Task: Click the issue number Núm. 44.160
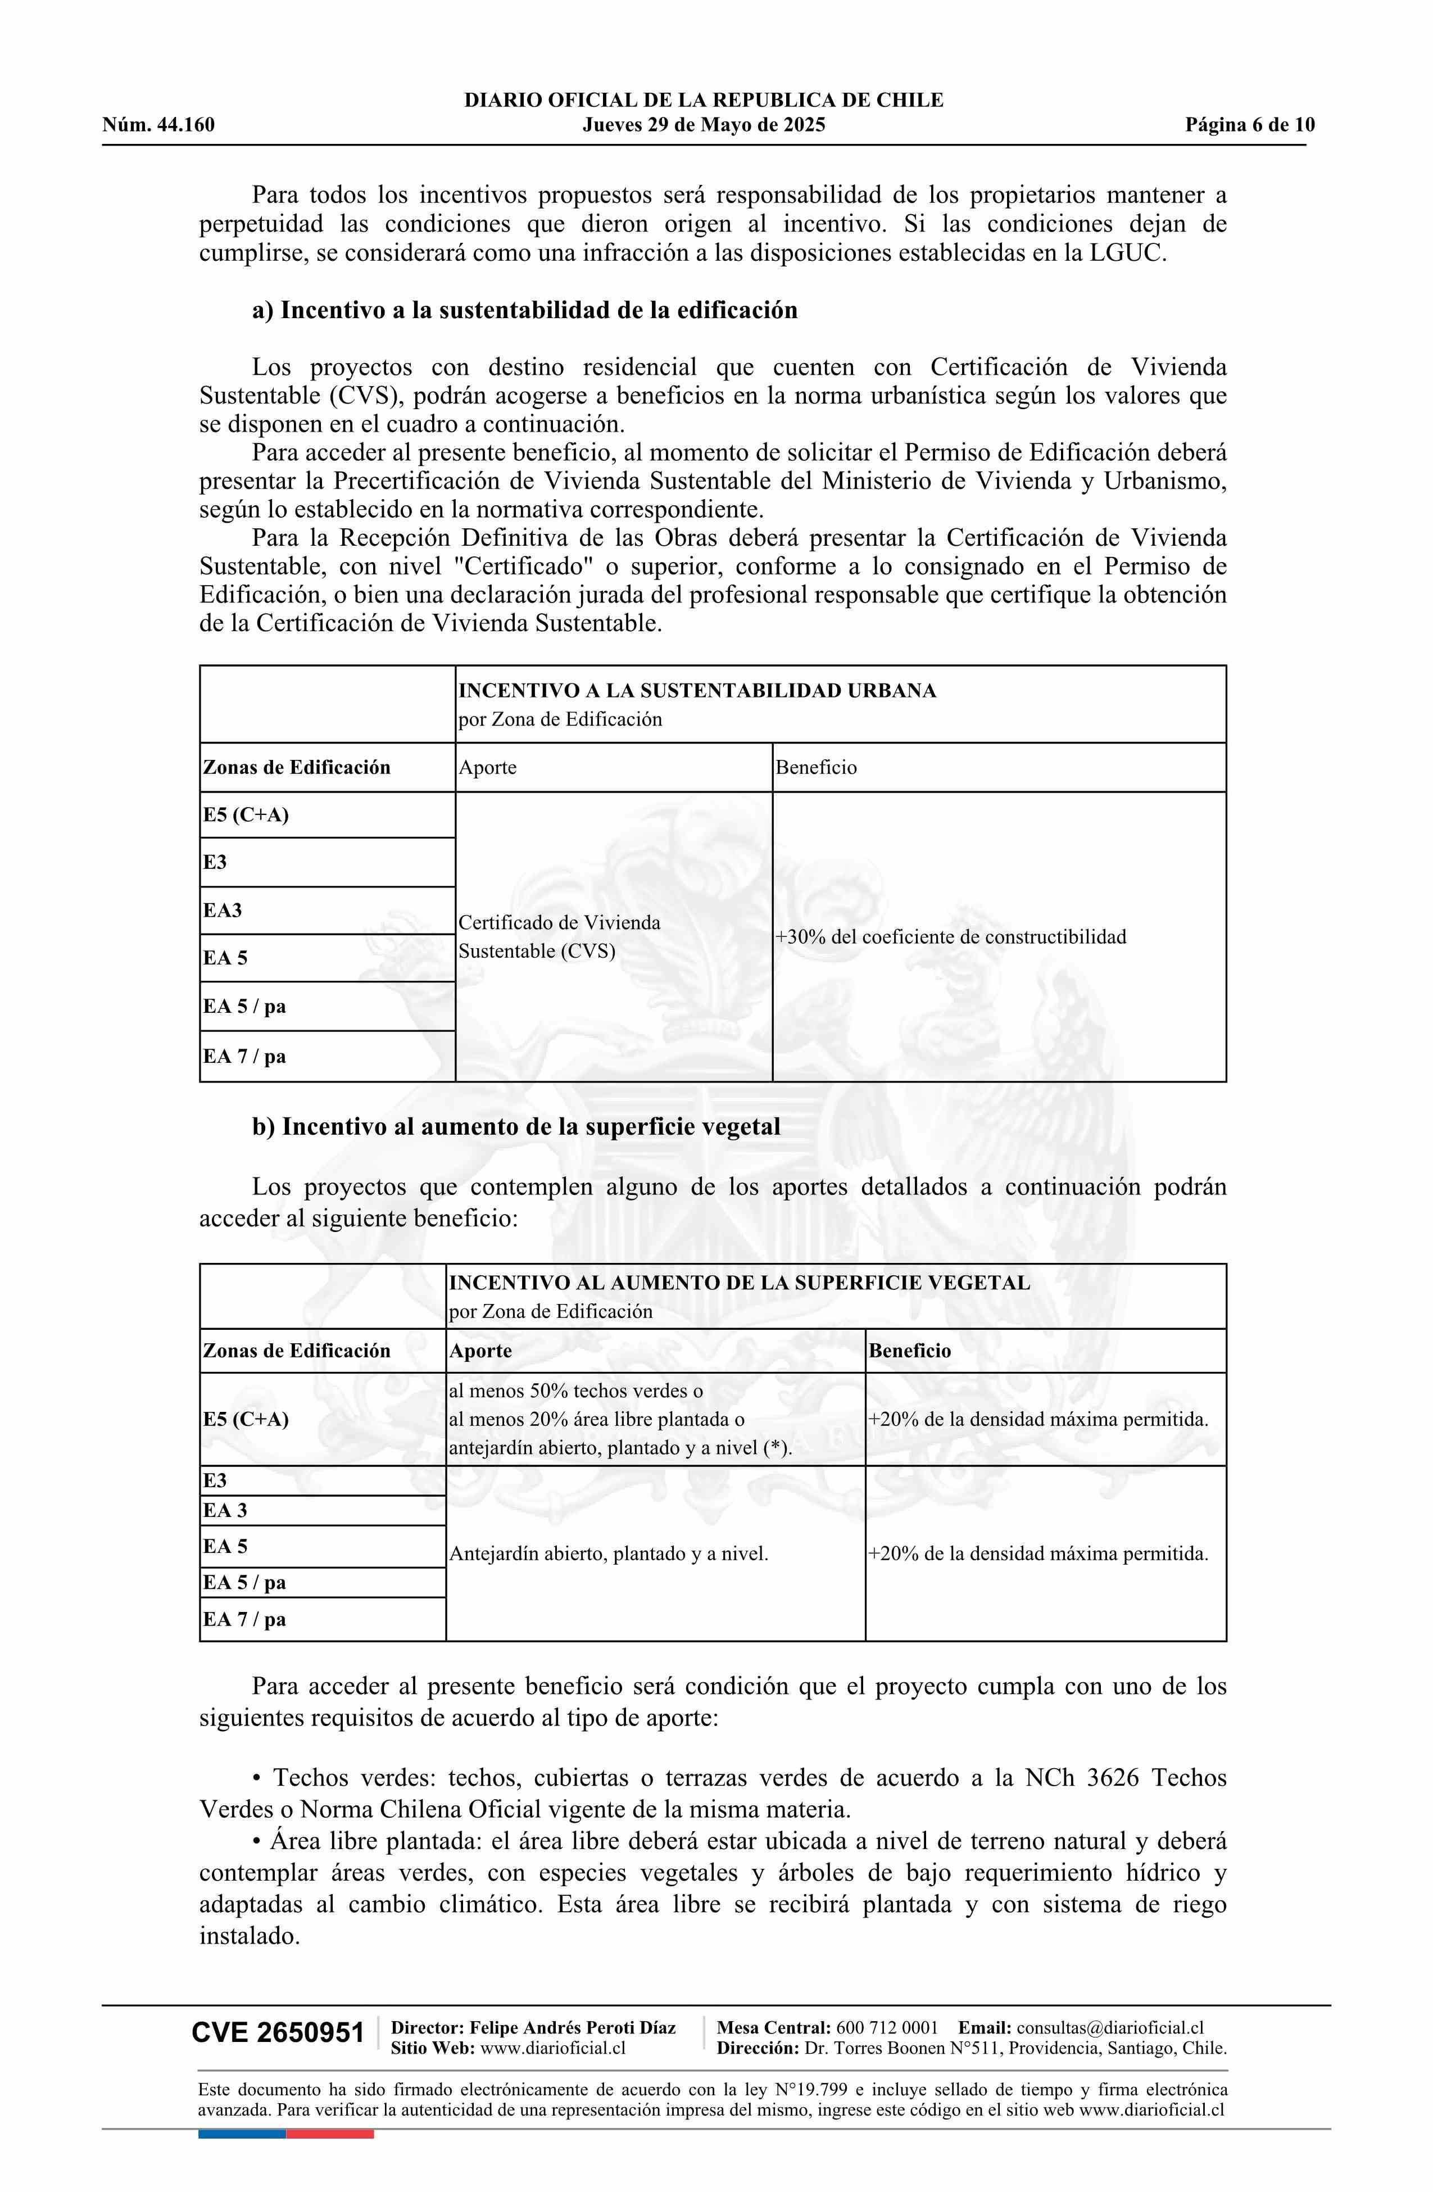(158, 125)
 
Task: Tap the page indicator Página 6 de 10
(1250, 125)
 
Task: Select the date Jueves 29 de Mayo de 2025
(704, 125)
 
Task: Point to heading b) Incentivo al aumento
(516, 1126)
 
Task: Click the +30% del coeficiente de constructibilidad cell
(950, 937)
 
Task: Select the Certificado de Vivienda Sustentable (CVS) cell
(559, 937)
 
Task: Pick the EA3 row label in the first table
(223, 911)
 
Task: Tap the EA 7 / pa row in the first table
(245, 1057)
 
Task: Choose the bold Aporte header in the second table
(480, 1351)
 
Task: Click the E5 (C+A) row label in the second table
(246, 1419)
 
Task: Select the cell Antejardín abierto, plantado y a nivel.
(608, 1554)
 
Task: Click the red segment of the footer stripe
(330, 2134)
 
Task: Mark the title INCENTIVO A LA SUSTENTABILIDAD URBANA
(697, 691)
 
